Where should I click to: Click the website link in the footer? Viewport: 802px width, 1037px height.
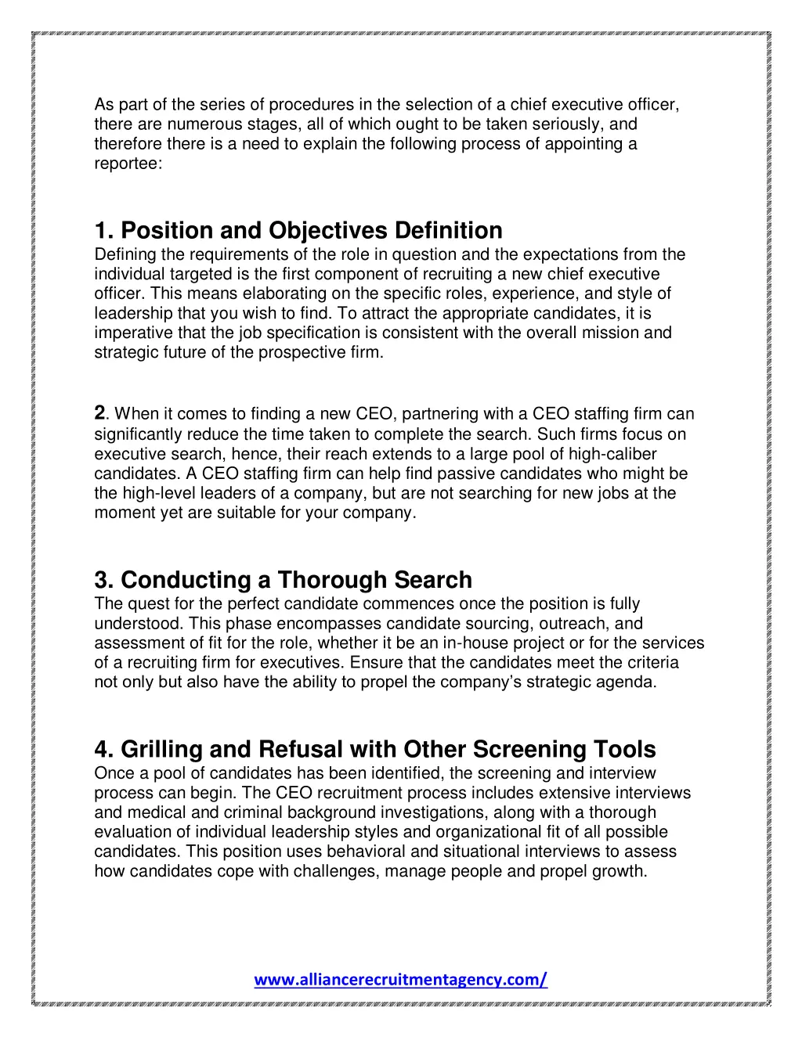[x=400, y=979]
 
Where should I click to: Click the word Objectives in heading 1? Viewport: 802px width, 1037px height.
[x=328, y=231]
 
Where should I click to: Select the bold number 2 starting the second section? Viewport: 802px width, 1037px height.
[x=99, y=412]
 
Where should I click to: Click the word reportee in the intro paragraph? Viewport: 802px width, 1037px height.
[x=126, y=164]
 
